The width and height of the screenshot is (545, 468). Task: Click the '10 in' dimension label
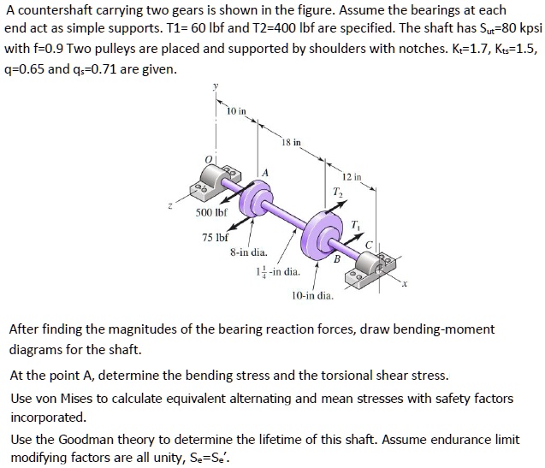(237, 112)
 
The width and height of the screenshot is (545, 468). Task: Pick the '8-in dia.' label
(248, 253)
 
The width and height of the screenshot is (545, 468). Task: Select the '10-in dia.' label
(312, 295)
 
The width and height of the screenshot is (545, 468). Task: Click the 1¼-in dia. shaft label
(279, 272)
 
